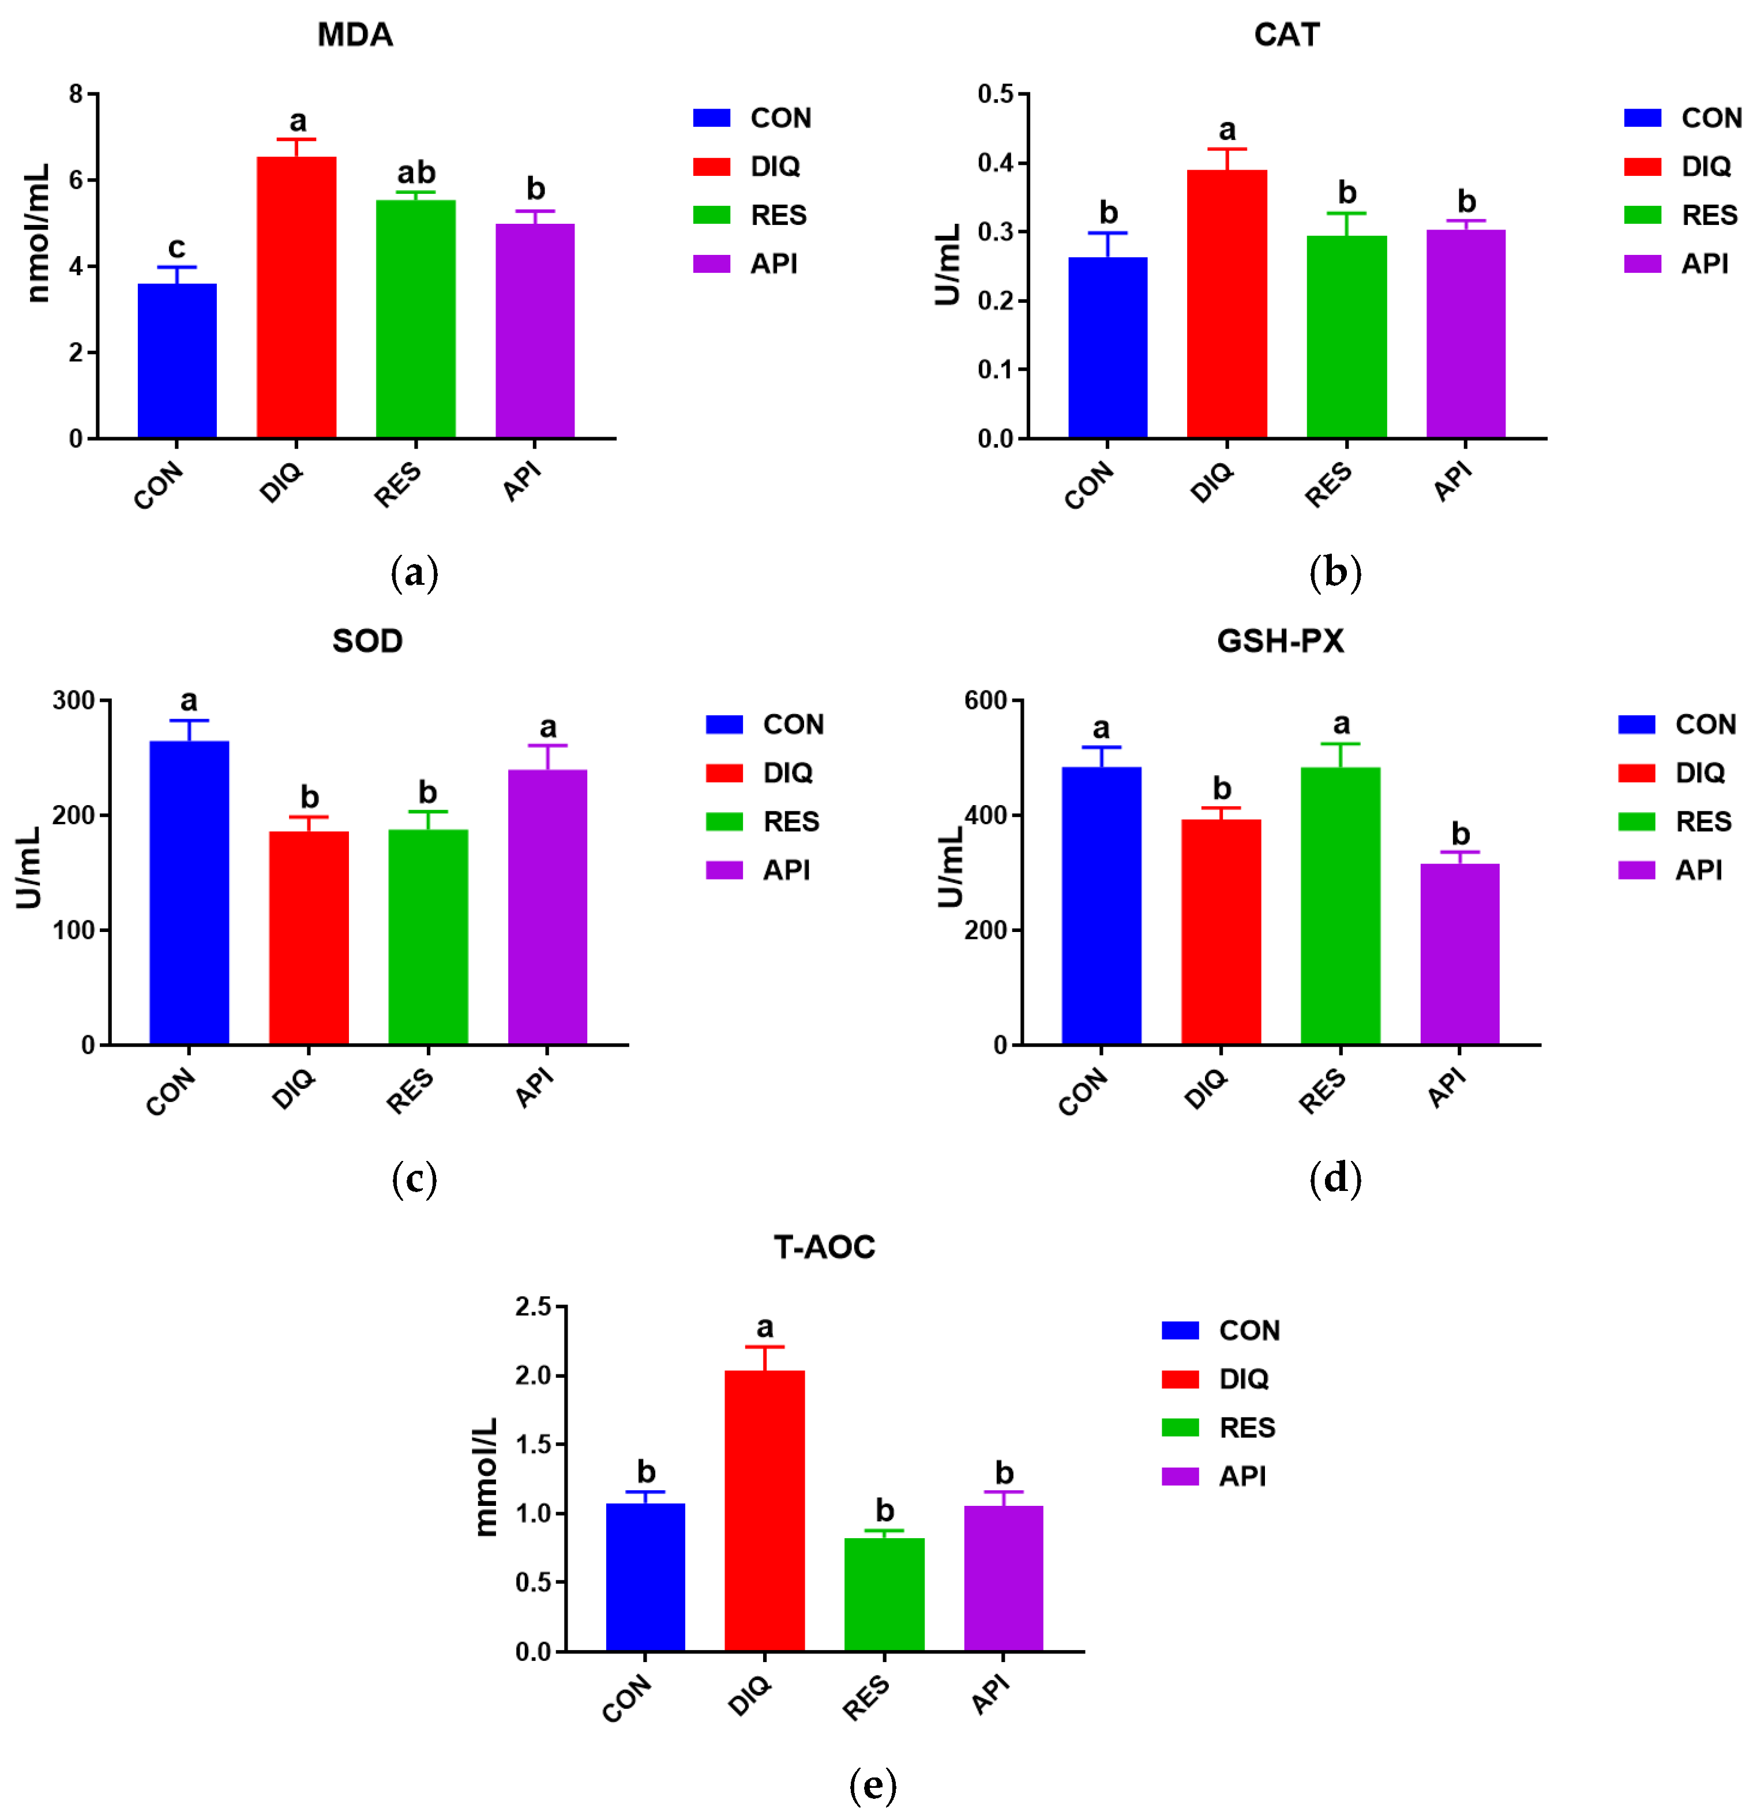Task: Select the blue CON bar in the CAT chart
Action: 1107,347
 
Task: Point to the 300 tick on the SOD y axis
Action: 74,701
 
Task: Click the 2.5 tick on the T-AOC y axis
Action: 533,1307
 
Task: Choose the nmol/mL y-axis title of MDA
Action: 37,234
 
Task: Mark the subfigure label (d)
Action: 1335,1179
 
